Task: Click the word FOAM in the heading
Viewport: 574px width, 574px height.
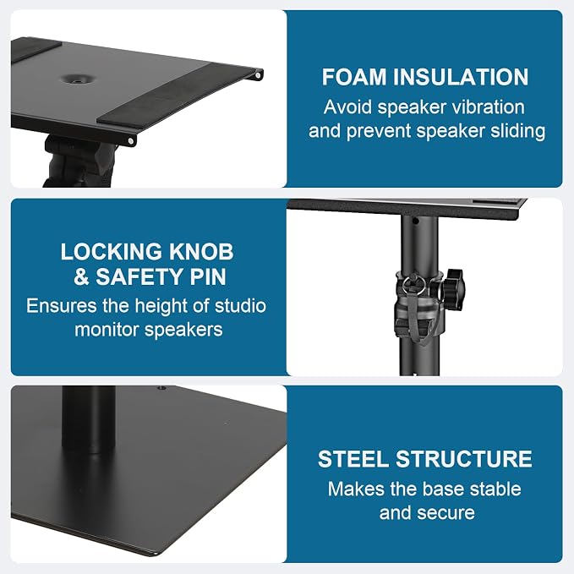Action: [x=354, y=77]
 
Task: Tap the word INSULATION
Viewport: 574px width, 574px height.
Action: [x=461, y=77]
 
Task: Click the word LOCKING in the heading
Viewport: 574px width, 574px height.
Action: [x=111, y=252]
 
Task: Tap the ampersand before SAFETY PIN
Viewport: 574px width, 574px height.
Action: [x=81, y=276]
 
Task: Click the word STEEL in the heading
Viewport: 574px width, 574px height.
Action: [x=353, y=459]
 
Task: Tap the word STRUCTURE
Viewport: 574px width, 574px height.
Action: [x=464, y=459]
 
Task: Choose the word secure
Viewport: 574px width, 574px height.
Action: [x=451, y=513]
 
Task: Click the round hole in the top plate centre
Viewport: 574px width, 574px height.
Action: [x=76, y=79]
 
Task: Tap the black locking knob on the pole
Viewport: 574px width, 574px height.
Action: [x=452, y=287]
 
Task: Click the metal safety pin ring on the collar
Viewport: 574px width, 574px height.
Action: [x=414, y=286]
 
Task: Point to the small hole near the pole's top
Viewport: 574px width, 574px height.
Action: [x=415, y=221]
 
